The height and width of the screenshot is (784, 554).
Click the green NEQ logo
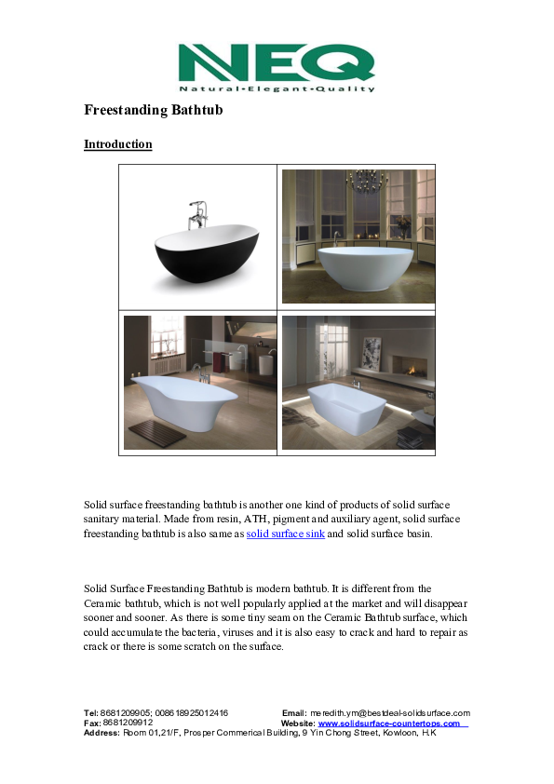click(277, 63)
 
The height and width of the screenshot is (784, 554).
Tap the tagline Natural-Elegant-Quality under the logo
click(277, 89)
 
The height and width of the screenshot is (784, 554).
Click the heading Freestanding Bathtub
click(153, 111)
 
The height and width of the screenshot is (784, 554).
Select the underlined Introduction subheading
click(118, 144)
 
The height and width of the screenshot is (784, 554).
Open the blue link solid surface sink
click(285, 534)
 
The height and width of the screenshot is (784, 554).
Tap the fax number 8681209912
click(128, 723)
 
